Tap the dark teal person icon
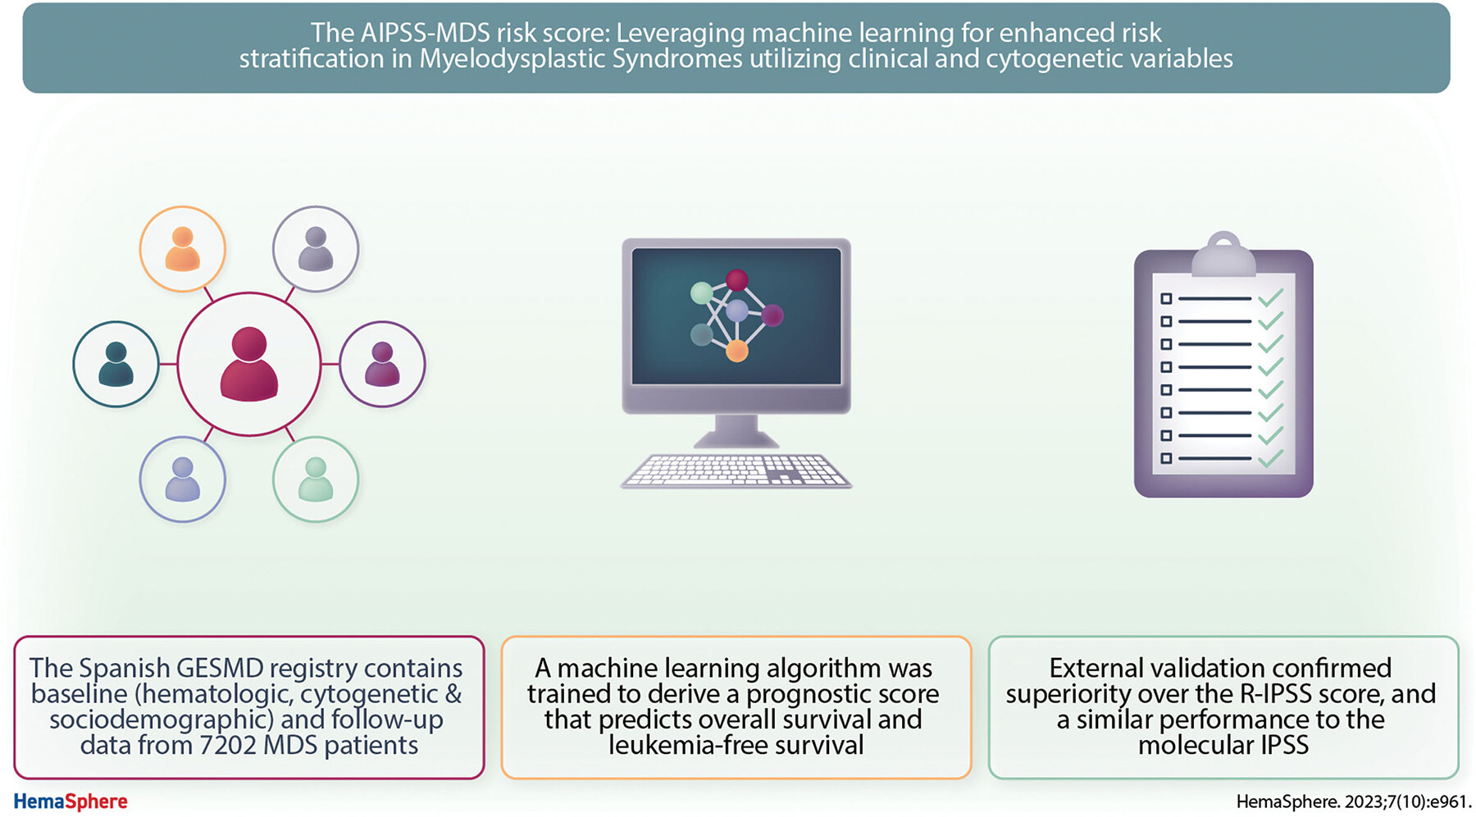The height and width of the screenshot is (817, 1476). click(x=116, y=364)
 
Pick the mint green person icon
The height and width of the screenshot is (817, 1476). click(x=316, y=479)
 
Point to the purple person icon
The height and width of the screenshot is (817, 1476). click(x=382, y=364)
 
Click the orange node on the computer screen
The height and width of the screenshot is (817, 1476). click(x=737, y=351)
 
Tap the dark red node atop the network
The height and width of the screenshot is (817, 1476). click(x=737, y=280)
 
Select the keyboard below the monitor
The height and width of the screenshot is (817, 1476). click(x=736, y=471)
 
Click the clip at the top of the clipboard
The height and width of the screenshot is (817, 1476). click(x=1223, y=254)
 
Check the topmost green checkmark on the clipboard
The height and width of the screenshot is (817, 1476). click(x=1271, y=297)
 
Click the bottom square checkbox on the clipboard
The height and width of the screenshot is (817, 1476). click(x=1166, y=459)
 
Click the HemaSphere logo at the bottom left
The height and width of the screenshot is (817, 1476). click(x=71, y=801)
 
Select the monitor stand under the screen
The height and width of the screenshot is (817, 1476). click(x=736, y=431)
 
